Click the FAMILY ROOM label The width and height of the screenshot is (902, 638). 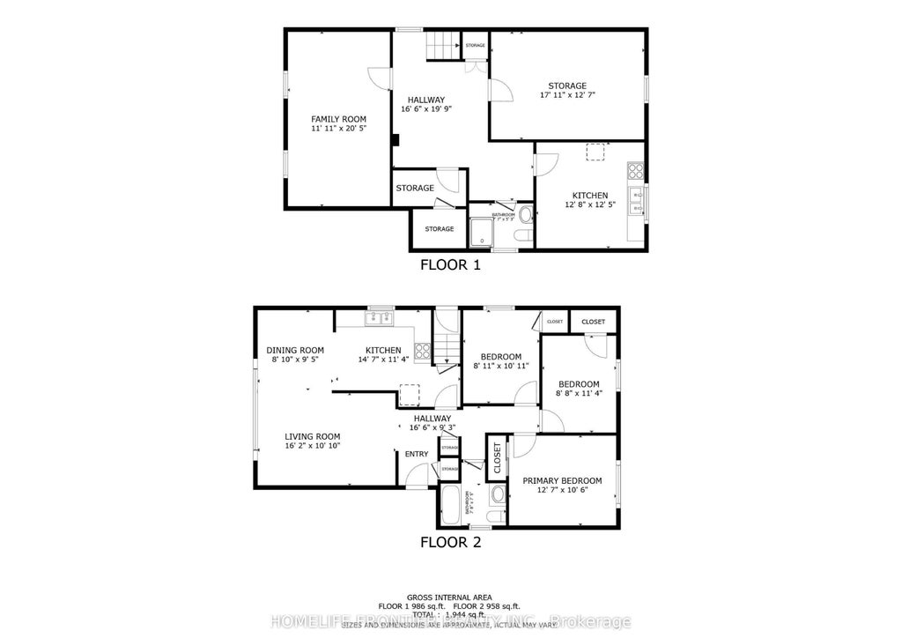(x=338, y=119)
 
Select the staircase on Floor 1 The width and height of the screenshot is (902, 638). (x=444, y=45)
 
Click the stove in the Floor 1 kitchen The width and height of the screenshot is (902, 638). (x=635, y=171)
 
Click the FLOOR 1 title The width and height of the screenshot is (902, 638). (x=449, y=264)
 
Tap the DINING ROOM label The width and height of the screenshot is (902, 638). (x=295, y=350)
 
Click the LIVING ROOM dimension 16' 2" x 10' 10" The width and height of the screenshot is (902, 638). (x=312, y=446)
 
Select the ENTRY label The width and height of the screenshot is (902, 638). (x=417, y=455)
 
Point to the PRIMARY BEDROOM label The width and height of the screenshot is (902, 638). (x=562, y=480)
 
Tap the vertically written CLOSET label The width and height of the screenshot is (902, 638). (x=497, y=459)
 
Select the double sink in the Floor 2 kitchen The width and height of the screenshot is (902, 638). (x=381, y=316)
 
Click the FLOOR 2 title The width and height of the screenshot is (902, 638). (x=450, y=542)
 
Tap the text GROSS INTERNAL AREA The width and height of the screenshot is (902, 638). (x=450, y=597)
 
